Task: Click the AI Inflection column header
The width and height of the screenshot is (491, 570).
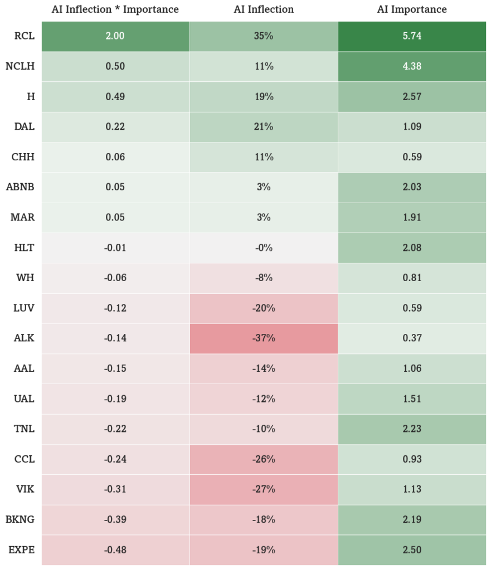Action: click(264, 9)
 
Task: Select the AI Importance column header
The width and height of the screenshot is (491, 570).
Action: click(412, 9)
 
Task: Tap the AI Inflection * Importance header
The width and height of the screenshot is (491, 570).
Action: click(115, 9)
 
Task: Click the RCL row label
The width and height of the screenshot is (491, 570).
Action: click(25, 36)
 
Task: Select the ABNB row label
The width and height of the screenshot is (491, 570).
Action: click(21, 187)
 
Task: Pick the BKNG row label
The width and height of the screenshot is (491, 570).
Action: click(20, 519)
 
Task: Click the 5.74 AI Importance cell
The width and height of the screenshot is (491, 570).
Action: click(412, 36)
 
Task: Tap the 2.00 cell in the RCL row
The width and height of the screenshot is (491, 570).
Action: click(115, 36)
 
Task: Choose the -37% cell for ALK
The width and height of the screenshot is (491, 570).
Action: click(264, 338)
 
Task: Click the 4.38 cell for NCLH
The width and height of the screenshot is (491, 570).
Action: click(412, 67)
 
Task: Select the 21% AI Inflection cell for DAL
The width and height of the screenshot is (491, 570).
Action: click(264, 127)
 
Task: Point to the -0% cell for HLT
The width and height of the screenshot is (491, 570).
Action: click(264, 248)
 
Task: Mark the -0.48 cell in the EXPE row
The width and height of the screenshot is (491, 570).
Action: click(115, 550)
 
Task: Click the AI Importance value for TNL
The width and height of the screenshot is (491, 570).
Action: click(412, 429)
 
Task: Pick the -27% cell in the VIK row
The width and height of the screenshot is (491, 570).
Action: click(264, 489)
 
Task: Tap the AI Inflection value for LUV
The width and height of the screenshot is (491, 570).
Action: click(264, 308)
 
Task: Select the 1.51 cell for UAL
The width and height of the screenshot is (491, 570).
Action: click(412, 399)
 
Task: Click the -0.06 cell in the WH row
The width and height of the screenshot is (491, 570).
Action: click(115, 278)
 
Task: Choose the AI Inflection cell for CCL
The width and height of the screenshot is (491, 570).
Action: click(264, 459)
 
